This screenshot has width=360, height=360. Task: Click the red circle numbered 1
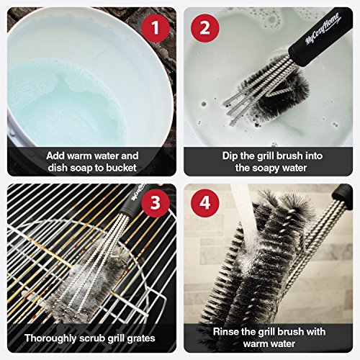pos(156,28)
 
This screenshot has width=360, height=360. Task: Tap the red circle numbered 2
pos(205,28)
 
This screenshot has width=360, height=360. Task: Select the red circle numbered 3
pos(156,203)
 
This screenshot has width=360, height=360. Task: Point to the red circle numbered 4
pos(205,203)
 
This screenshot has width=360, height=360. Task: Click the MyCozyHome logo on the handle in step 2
pos(323,29)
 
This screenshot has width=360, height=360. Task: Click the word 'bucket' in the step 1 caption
pos(121,168)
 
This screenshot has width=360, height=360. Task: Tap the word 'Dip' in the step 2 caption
pos(230,156)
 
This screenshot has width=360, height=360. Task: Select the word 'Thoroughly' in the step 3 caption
pos(50,338)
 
